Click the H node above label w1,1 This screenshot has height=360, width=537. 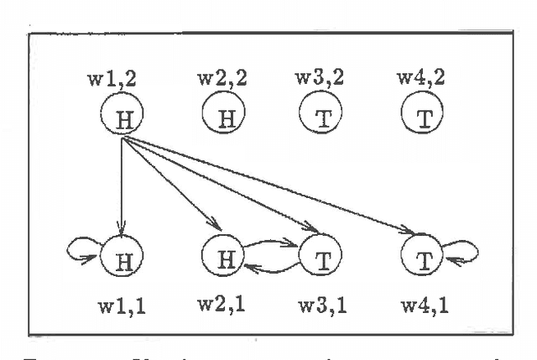(122, 253)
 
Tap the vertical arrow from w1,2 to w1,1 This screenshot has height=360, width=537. (123, 185)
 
